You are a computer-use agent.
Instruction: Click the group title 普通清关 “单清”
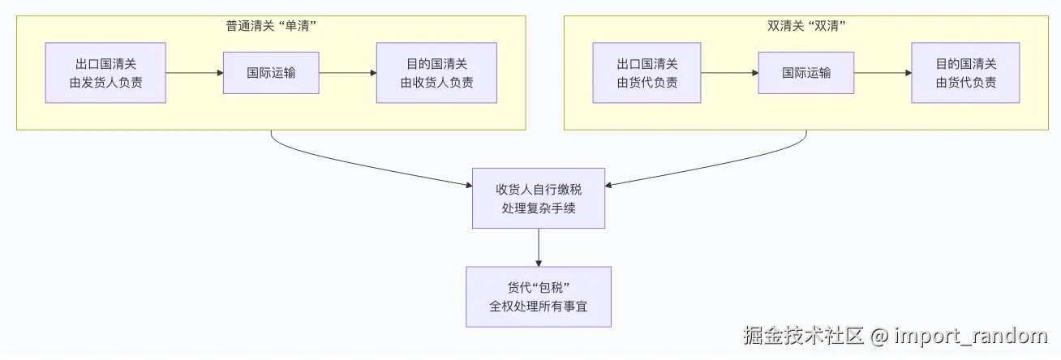point(270,26)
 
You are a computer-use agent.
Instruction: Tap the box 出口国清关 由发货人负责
point(105,73)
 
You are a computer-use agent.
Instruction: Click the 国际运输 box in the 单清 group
point(271,73)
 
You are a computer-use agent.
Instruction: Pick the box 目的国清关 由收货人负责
point(436,73)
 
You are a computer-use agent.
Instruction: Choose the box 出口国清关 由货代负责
point(646,73)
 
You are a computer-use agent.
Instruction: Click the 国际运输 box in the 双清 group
point(806,73)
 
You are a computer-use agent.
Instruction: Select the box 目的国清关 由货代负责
point(965,73)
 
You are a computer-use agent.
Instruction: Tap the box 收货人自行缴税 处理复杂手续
point(539,198)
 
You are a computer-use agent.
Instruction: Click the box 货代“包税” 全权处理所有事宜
point(539,297)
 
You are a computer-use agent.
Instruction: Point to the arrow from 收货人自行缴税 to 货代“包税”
point(539,247)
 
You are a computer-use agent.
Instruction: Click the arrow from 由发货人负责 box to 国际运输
point(195,73)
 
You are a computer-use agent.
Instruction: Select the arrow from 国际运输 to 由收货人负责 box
point(348,73)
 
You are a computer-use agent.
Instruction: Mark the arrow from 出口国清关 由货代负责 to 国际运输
point(729,73)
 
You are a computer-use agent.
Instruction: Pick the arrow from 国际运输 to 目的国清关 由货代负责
point(883,73)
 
